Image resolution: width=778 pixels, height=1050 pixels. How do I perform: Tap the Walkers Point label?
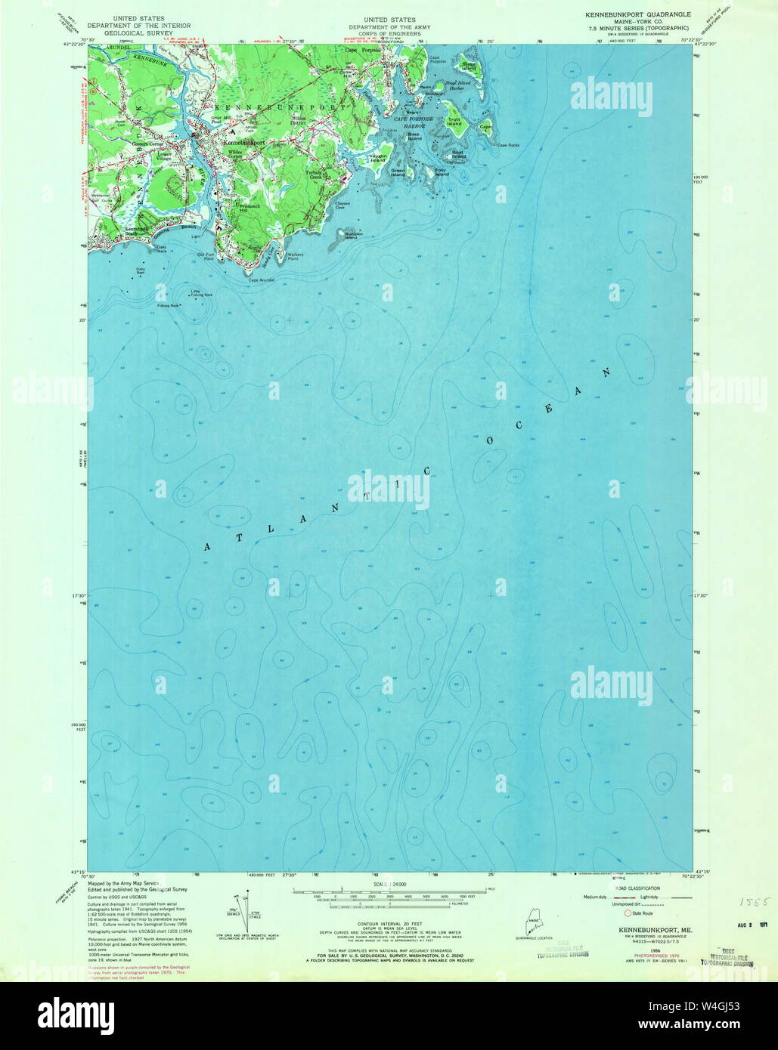[294, 255]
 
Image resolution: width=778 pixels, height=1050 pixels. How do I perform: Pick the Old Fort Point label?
[206, 256]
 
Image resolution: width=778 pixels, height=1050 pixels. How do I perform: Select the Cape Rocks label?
[508, 144]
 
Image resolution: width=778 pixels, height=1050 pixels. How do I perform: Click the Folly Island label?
[441, 172]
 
